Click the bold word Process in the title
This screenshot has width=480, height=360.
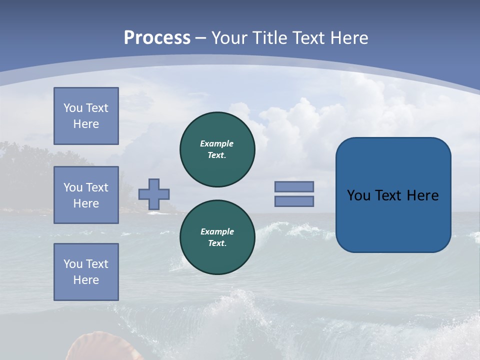pyautogui.click(x=157, y=37)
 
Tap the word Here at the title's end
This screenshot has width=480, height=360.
pyautogui.click(x=348, y=37)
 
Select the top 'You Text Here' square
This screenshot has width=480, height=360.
pyautogui.click(x=86, y=116)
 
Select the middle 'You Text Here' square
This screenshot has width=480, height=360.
pyautogui.click(x=86, y=195)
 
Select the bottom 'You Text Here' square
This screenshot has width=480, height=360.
pyautogui.click(x=86, y=271)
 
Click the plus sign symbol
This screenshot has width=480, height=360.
pyautogui.click(x=154, y=194)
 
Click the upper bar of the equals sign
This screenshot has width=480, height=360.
pyautogui.click(x=294, y=186)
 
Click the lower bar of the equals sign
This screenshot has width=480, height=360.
pyautogui.click(x=294, y=201)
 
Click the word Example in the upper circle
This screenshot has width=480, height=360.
pyautogui.click(x=217, y=143)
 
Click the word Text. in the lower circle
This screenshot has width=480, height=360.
pyautogui.click(x=217, y=243)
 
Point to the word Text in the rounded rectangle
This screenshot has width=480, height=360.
pyautogui.click(x=388, y=195)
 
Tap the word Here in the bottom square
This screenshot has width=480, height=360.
pyautogui.click(x=86, y=280)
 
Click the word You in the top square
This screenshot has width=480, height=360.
pyautogui.click(x=72, y=108)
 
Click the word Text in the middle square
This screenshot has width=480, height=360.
pyautogui.click(x=96, y=187)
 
